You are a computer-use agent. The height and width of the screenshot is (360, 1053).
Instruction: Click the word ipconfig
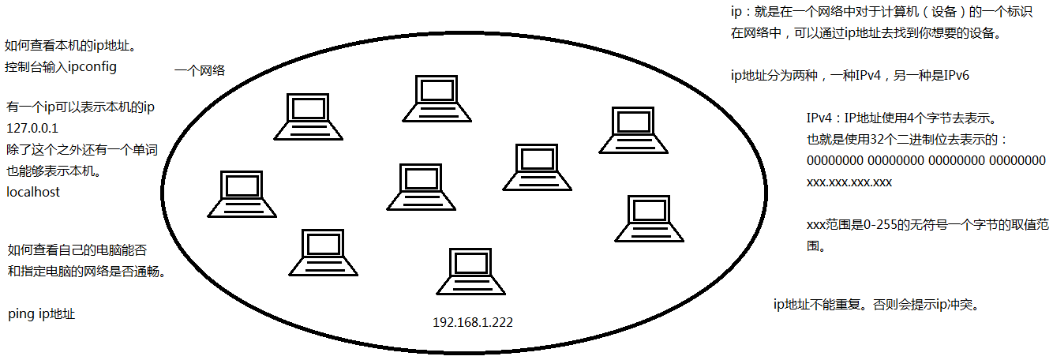[x=88, y=67]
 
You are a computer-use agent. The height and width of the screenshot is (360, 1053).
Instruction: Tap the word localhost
[x=32, y=191]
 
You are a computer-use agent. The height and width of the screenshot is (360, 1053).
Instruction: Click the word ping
[x=20, y=314]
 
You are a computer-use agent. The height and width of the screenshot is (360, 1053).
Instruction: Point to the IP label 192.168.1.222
[x=474, y=323]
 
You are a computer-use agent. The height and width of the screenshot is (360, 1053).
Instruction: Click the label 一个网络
[x=200, y=70]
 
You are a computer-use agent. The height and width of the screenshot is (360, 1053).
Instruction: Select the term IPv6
[x=952, y=76]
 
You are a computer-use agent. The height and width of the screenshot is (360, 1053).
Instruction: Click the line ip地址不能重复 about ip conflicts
[x=877, y=304]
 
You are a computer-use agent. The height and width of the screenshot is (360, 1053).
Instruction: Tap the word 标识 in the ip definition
[x=994, y=13]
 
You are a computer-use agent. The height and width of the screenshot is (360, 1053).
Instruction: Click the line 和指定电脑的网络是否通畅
[x=90, y=272]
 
